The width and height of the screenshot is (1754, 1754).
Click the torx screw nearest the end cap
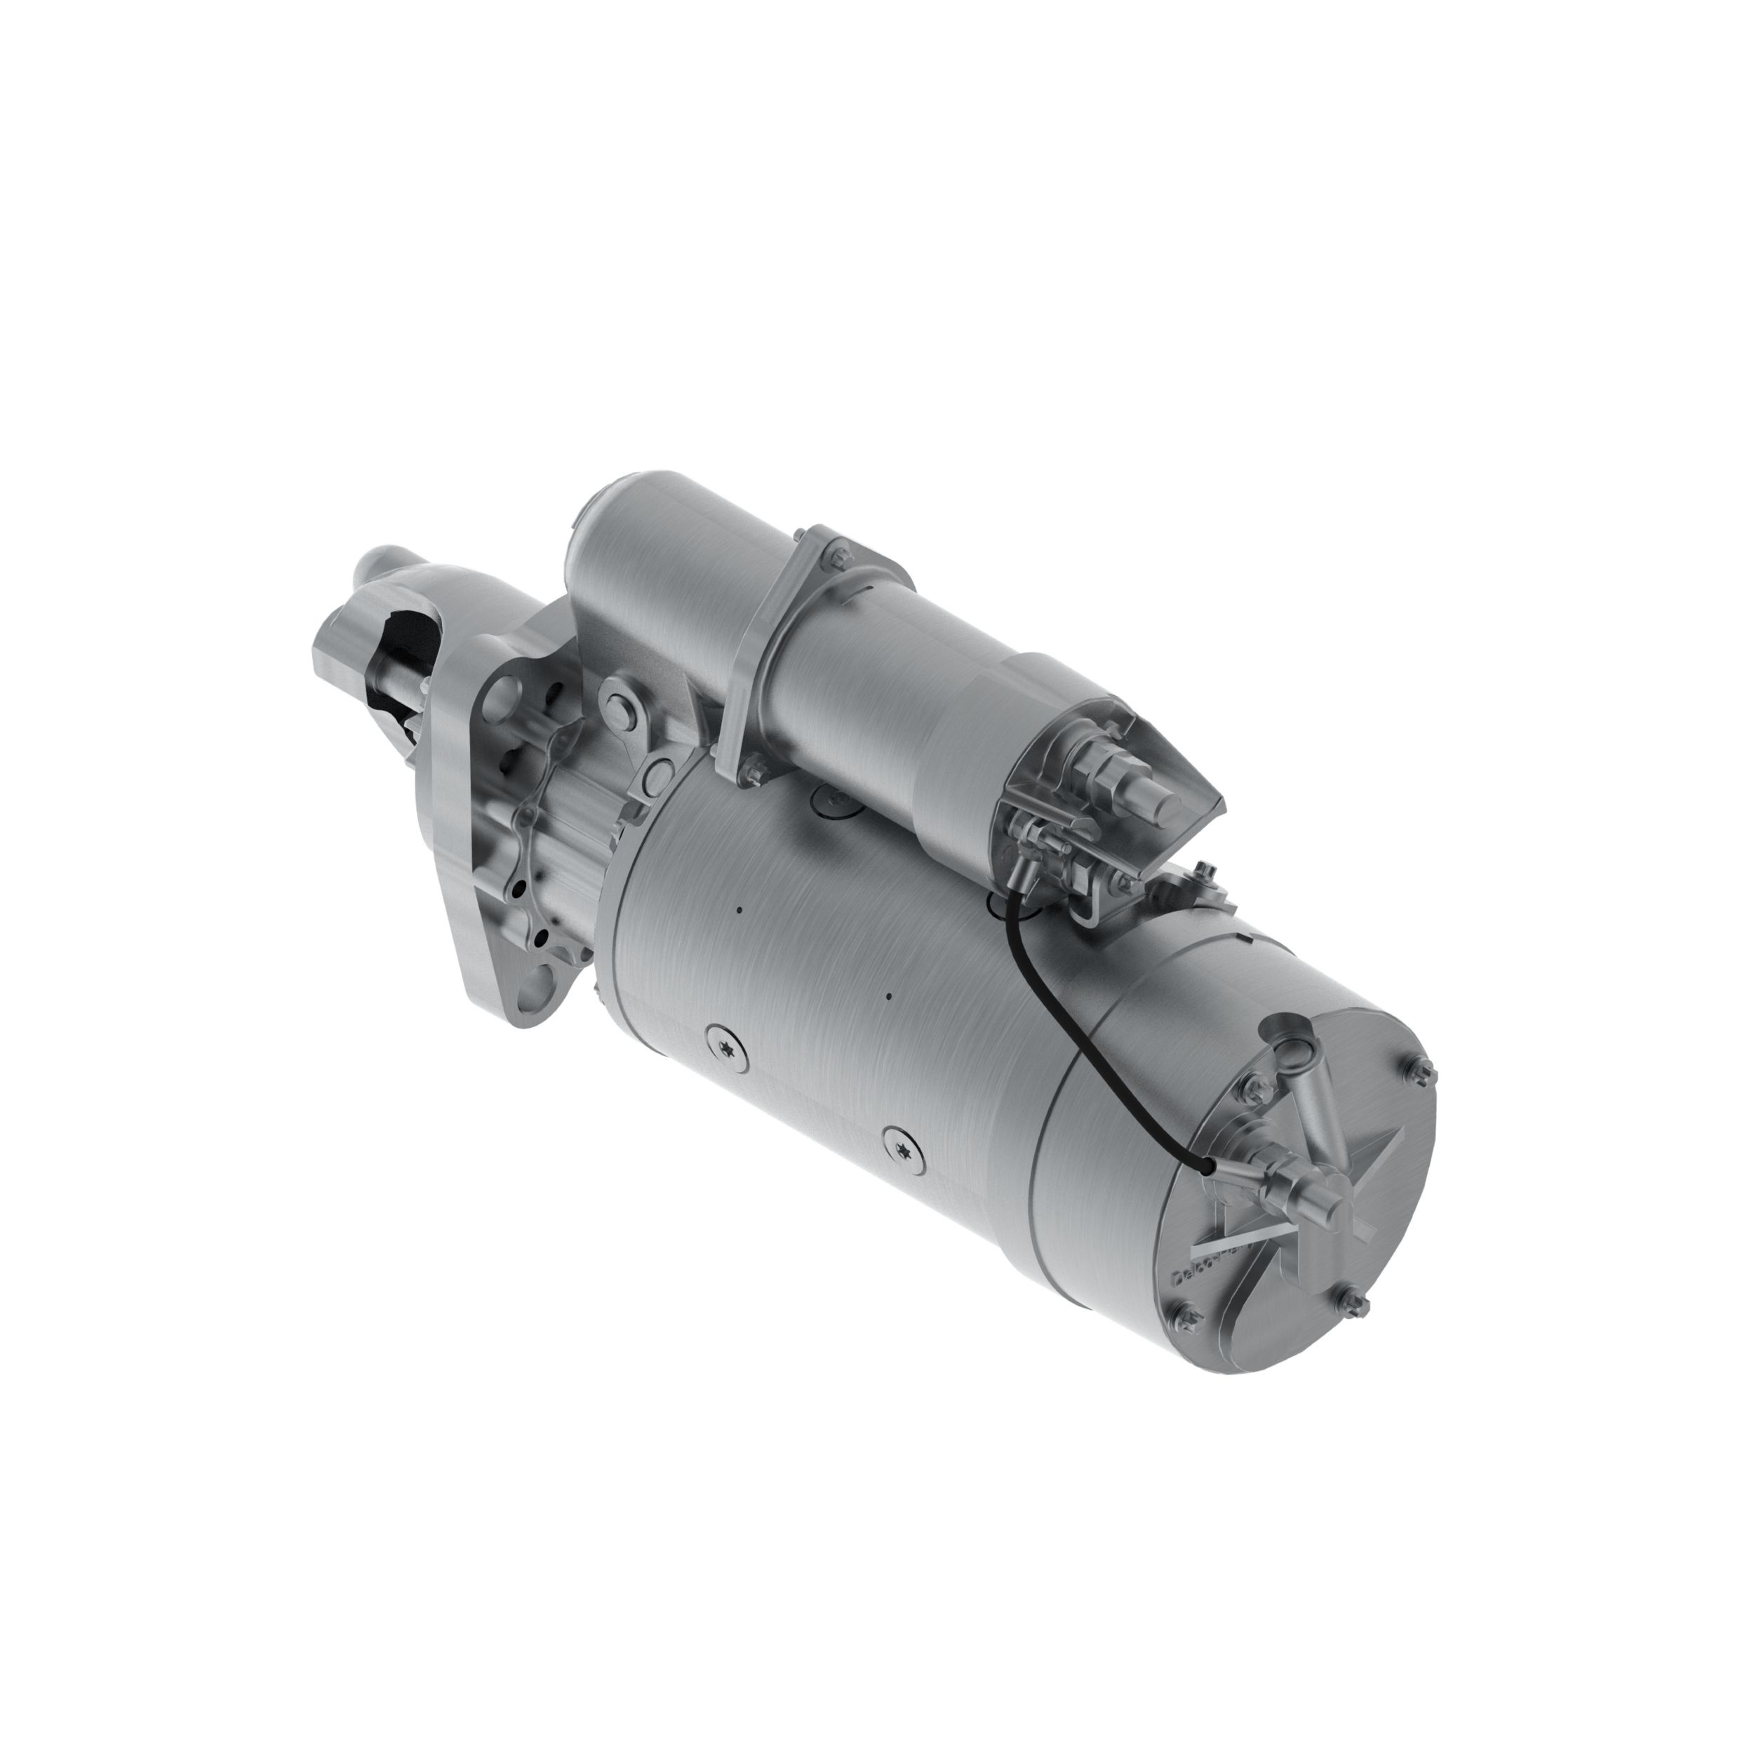click(902, 1151)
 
